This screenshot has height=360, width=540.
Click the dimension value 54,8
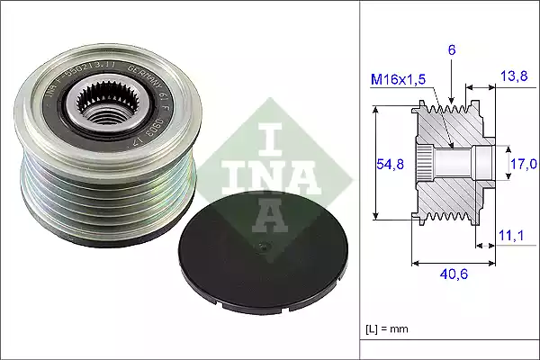[x=386, y=163]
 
